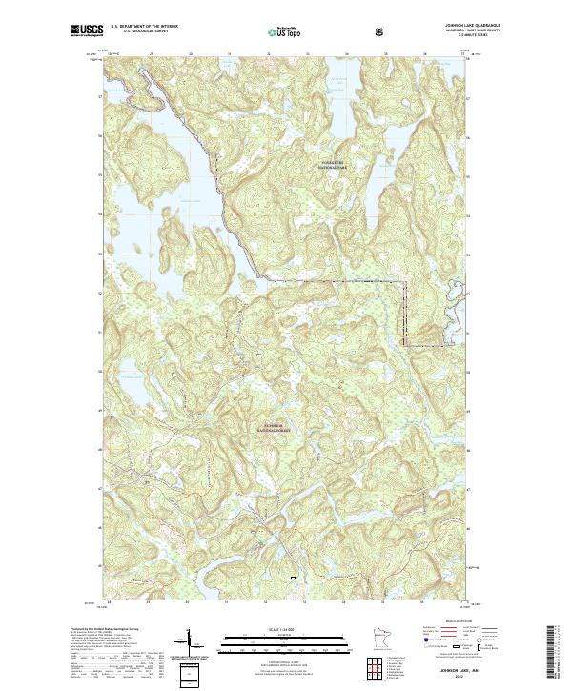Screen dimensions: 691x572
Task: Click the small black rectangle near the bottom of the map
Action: [293, 578]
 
